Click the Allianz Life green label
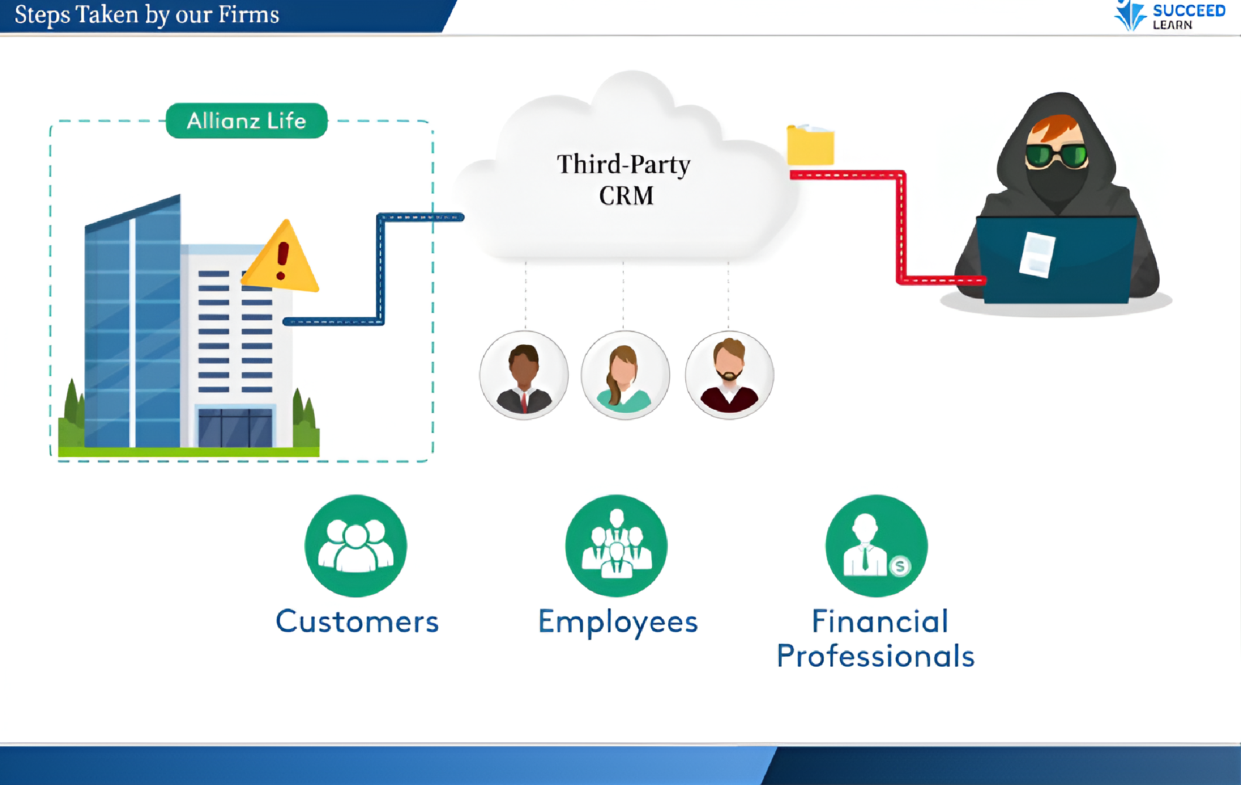pos(246,121)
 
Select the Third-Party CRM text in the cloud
pos(624,180)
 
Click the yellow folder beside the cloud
pos(810,146)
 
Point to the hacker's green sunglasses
pos(1056,156)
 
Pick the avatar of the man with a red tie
pos(524,375)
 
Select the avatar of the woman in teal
pos(625,375)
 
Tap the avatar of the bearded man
pos(729,375)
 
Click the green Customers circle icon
pos(356,546)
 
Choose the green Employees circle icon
pos(616,546)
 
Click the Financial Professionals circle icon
pos(876,546)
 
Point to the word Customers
pos(357,622)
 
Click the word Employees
pos(618,622)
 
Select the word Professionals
pos(875,656)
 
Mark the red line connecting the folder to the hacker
pos(902,228)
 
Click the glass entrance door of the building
pos(235,428)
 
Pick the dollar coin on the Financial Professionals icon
pos(900,566)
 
